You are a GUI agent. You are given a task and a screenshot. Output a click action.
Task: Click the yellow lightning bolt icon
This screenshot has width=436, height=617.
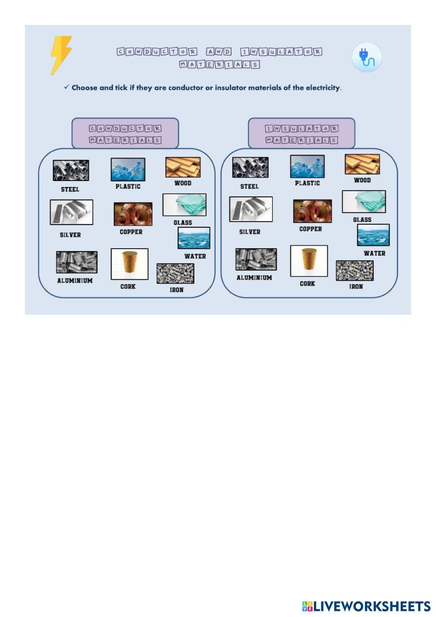click(x=61, y=55)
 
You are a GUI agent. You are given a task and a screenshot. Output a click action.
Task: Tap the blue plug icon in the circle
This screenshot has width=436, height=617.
click(x=367, y=57)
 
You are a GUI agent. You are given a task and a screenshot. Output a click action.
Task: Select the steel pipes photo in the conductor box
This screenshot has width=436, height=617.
click(x=71, y=170)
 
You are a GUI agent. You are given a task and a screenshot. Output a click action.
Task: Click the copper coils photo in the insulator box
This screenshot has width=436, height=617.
click(x=313, y=211)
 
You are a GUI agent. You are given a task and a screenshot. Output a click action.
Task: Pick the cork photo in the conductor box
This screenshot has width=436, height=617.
click(x=129, y=264)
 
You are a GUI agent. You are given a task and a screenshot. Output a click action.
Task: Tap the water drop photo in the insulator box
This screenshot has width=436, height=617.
click(x=373, y=235)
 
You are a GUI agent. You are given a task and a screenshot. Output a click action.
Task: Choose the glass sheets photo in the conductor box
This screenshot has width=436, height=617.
click(x=184, y=205)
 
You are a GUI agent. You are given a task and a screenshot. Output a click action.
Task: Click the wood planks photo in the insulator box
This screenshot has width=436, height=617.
click(x=362, y=164)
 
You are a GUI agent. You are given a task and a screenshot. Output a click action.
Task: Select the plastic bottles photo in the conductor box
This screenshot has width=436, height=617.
click(x=128, y=169)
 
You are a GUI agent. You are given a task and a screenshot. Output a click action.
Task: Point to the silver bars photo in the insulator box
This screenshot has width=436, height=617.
click(x=251, y=209)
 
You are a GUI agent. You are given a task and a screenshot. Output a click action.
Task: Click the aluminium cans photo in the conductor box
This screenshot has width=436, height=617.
click(x=77, y=262)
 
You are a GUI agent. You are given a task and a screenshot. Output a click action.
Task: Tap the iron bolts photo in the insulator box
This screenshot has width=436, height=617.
click(x=354, y=271)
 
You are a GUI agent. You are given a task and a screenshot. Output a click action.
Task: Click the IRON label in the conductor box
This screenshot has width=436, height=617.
click(x=177, y=290)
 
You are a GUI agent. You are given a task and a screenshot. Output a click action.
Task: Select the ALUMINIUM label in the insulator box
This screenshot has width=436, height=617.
click(x=254, y=278)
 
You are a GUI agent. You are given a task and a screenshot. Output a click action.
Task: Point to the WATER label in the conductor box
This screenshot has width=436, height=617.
click(x=195, y=256)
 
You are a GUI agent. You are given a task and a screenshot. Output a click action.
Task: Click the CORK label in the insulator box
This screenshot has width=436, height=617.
click(x=307, y=284)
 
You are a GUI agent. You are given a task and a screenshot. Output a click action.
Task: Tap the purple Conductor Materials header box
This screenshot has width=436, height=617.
click(x=125, y=134)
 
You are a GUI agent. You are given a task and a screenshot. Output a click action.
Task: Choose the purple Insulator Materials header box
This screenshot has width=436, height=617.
click(x=302, y=134)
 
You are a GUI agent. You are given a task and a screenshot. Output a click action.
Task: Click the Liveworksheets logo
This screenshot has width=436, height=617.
click(x=366, y=607)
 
